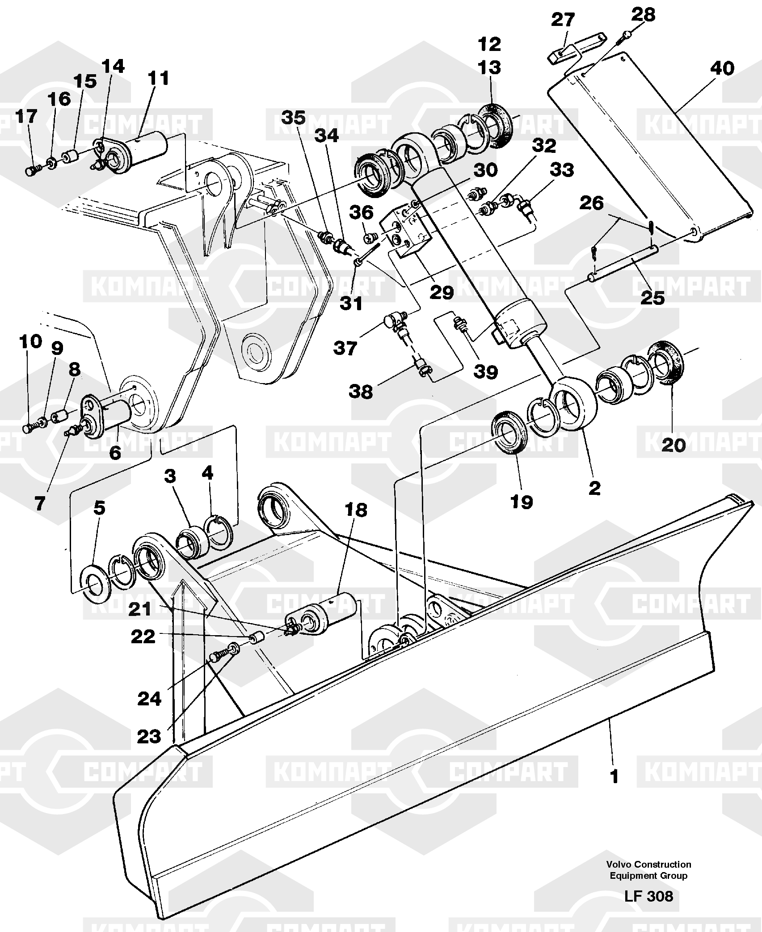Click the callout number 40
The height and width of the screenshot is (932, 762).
[x=721, y=69]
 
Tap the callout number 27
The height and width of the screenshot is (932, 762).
[x=563, y=20]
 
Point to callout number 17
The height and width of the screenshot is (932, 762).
[x=26, y=117]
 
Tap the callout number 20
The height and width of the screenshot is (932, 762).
[x=674, y=445]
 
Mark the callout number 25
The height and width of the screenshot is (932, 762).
[x=652, y=297]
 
